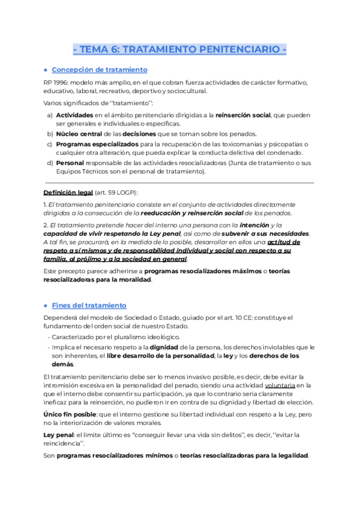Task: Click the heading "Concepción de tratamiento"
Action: (99, 70)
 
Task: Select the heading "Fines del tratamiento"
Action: (89, 305)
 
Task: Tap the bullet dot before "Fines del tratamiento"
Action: (46, 306)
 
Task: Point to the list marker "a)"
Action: (49, 114)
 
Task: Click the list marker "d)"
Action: (49, 163)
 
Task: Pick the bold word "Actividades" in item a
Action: (74, 114)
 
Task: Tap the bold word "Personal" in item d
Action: (70, 163)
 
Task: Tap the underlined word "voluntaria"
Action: (279, 385)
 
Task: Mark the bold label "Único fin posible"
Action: (70, 415)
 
